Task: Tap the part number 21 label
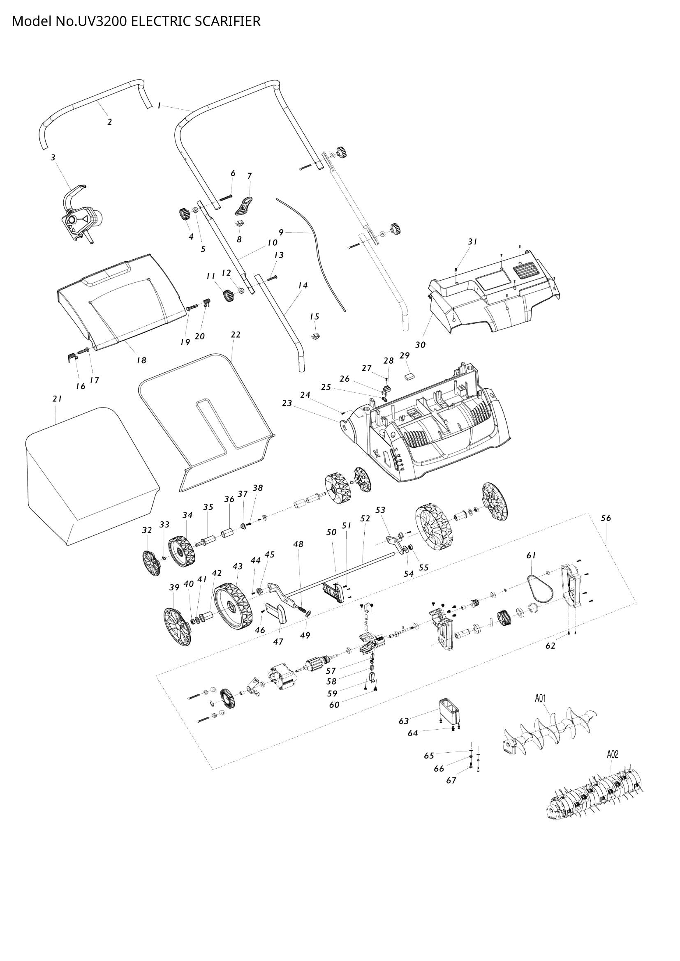coord(57,399)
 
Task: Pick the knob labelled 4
coord(183,215)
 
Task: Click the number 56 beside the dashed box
coord(606,518)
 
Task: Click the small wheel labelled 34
coord(181,552)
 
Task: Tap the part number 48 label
coord(298,544)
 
